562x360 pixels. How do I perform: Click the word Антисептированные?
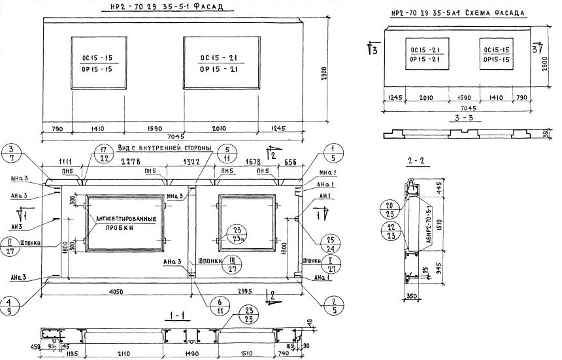coord(125,219)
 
